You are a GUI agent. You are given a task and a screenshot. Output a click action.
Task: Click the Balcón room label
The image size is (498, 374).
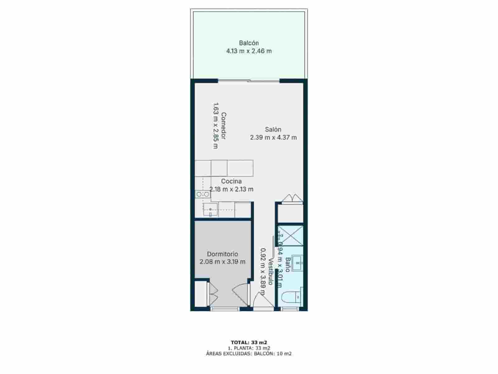point(249,43)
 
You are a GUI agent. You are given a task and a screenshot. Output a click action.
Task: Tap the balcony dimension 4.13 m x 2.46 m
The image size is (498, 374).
point(249,51)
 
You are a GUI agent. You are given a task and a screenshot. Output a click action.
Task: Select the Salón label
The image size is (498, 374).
point(273,129)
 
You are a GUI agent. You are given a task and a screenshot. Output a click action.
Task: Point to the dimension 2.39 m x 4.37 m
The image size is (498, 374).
point(273,137)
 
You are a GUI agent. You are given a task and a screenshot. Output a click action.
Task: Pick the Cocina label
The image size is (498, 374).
point(231,181)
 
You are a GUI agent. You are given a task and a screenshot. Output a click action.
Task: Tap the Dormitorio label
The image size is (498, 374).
point(222,254)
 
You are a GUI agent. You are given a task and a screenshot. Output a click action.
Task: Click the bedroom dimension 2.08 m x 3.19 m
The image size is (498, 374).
point(222,262)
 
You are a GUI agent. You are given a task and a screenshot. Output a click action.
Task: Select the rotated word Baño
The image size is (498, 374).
point(288,265)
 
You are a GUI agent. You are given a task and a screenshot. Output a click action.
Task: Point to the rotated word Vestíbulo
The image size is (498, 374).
point(270,271)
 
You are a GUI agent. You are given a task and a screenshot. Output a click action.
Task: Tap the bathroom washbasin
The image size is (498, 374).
point(297,263)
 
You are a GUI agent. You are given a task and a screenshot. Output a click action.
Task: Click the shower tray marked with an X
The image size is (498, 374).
point(290,235)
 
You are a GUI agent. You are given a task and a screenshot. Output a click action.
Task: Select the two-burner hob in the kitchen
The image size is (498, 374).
point(203,194)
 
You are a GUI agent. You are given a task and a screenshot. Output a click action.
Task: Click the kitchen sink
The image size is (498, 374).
point(211,210)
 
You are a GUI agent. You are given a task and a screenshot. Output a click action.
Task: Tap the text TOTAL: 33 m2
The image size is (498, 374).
point(249,342)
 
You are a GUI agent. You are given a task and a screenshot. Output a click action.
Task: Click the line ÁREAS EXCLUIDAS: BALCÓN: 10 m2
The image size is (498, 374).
point(249,354)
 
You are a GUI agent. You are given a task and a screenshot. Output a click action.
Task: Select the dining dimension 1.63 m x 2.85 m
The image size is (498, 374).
point(215,126)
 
